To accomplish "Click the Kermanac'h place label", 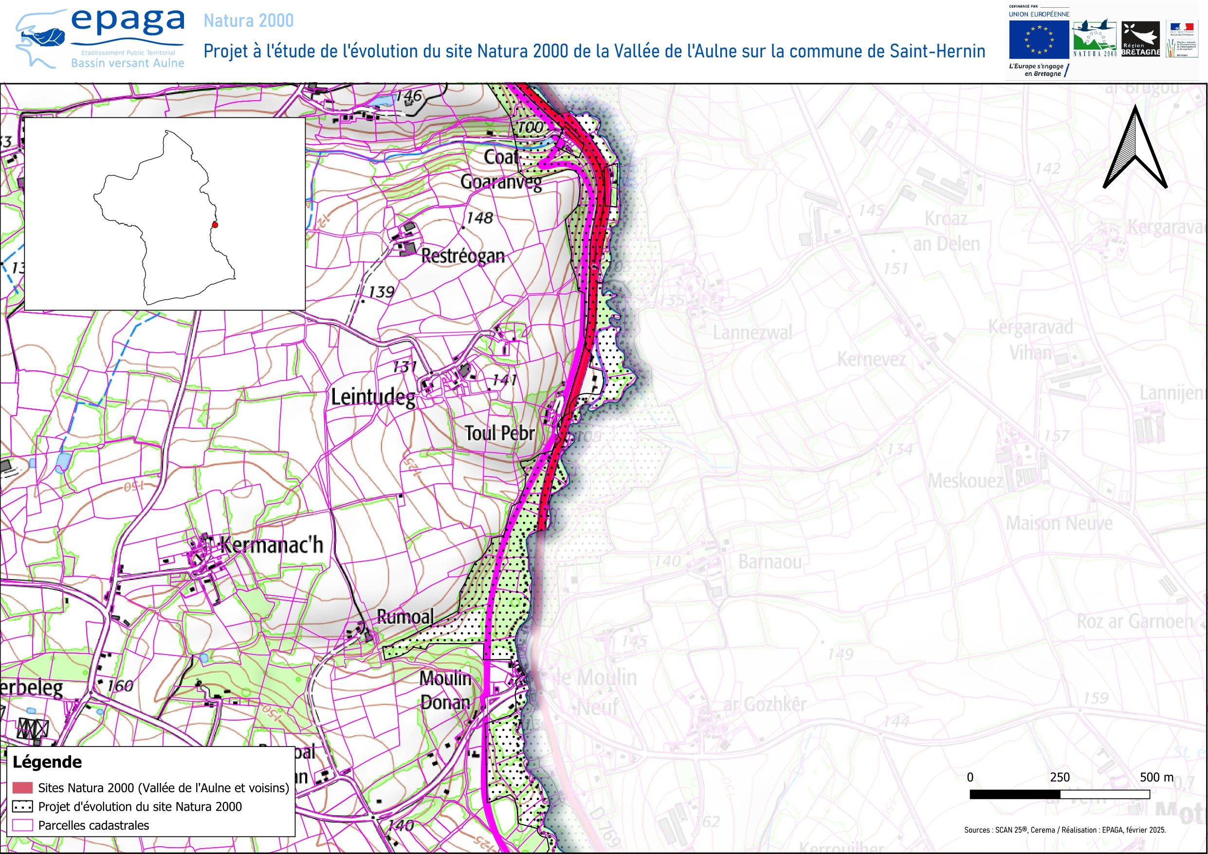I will click(x=272, y=545).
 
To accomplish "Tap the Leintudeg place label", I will click(x=372, y=397).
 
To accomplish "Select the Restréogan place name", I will click(x=463, y=256).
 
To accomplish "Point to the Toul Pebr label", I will click(x=499, y=434).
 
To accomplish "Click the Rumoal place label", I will click(x=405, y=617).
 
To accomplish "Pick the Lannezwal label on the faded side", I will click(x=752, y=333).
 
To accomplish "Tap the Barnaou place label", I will click(x=770, y=562).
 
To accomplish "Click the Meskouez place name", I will click(x=966, y=481).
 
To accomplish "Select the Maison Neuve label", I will click(x=1059, y=524).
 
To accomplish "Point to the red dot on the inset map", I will click(x=215, y=225).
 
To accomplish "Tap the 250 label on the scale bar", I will click(x=1060, y=777).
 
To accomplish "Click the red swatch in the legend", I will click(x=22, y=788).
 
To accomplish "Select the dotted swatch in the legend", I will click(x=22, y=807).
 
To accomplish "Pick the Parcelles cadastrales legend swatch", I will click(x=22, y=825).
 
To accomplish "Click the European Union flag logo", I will click(x=1039, y=40).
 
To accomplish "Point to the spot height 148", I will click(x=479, y=218).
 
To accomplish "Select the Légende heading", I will click(x=47, y=762).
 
